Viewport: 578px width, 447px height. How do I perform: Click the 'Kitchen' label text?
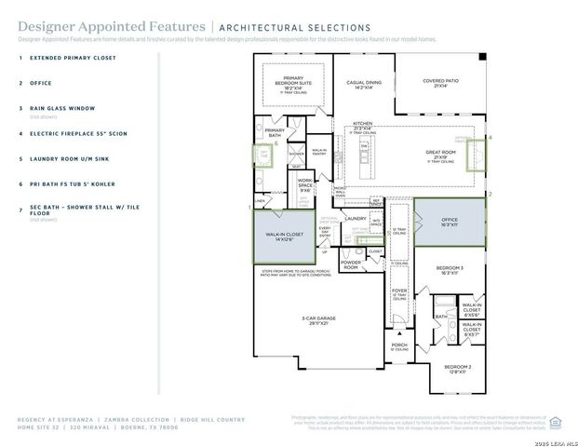[x=362, y=125]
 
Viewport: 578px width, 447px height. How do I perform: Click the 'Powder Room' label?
[x=351, y=264]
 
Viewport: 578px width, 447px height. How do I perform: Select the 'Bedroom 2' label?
[x=457, y=368]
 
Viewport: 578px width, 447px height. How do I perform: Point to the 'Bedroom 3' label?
[x=450, y=270]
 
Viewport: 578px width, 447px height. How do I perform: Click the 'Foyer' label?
[x=399, y=292]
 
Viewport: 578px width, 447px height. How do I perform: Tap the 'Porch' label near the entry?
[x=399, y=345]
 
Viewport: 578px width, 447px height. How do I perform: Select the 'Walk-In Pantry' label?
[x=319, y=151]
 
